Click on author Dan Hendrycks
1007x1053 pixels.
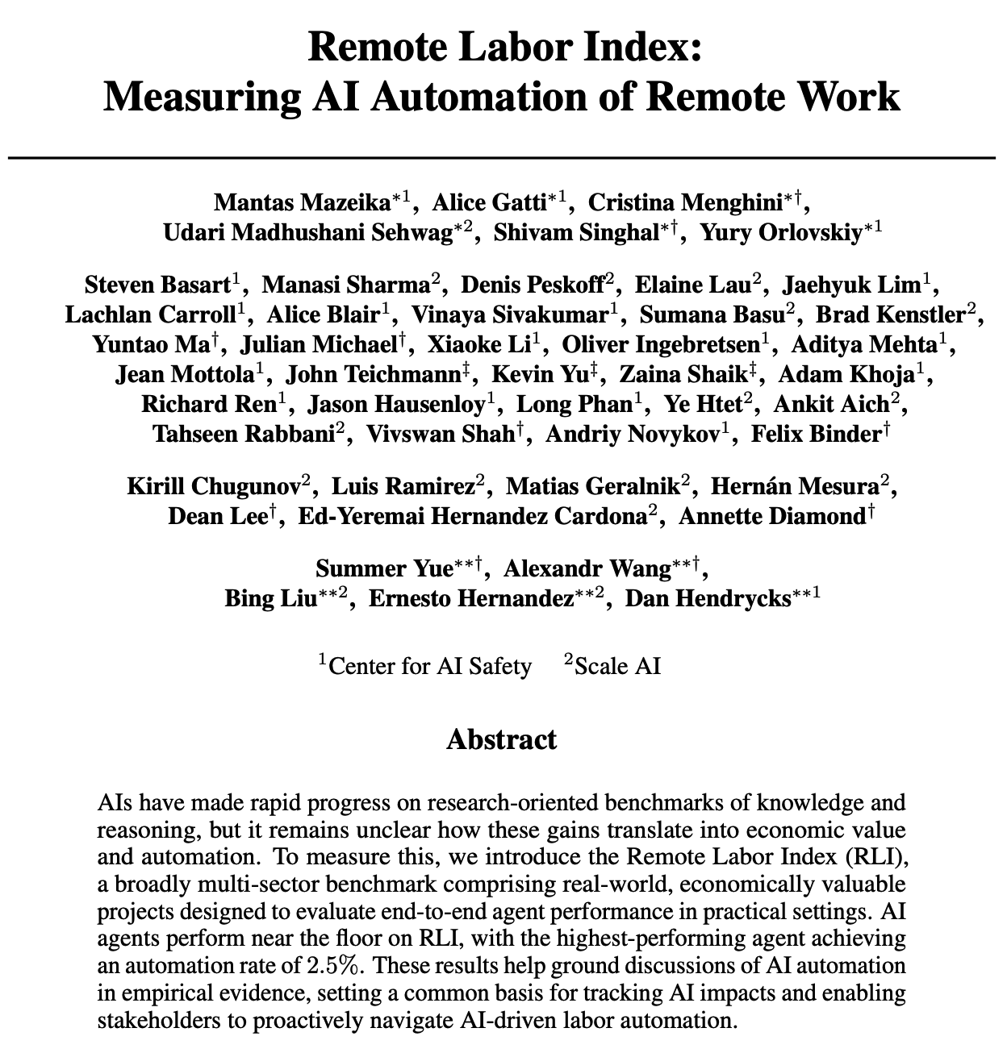pyautogui.click(x=709, y=598)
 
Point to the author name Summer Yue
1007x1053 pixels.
pyautogui.click(x=384, y=568)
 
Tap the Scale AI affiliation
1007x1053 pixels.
pyautogui.click(x=617, y=666)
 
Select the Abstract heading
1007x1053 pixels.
pyautogui.click(x=501, y=739)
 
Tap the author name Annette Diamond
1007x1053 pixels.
pyautogui.click(x=771, y=516)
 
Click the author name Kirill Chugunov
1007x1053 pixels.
pyautogui.click(x=214, y=486)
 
